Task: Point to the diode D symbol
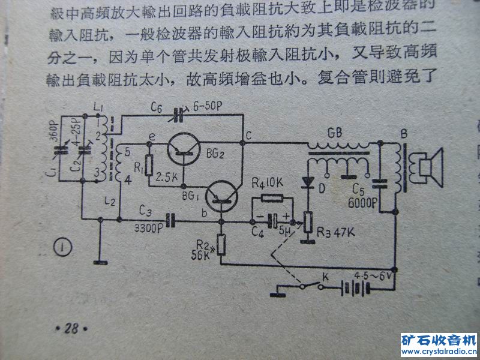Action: point(309,181)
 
